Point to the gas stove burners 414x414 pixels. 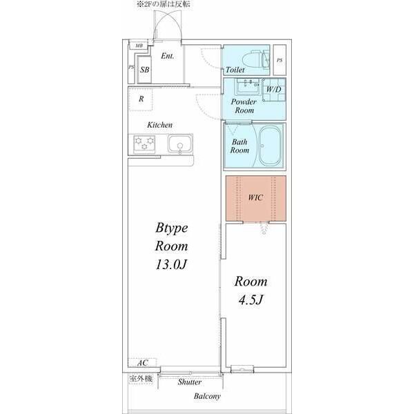(x=146, y=144)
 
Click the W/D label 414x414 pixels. (x=274, y=89)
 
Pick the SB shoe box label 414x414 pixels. (x=145, y=70)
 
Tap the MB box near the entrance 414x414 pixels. (x=139, y=46)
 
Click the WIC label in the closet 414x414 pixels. (x=255, y=197)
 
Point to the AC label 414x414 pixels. (x=142, y=363)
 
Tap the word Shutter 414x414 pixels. (x=190, y=382)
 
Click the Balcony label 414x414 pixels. (x=207, y=396)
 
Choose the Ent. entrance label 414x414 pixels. (x=168, y=56)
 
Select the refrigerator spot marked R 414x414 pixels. (x=141, y=99)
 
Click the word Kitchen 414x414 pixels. (x=159, y=125)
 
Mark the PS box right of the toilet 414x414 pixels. (x=279, y=60)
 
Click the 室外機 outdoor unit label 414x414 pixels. (x=141, y=378)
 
